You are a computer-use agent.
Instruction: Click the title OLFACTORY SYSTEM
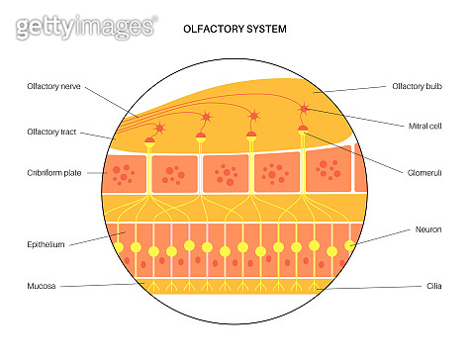tap(235, 30)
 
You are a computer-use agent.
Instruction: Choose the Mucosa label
tap(42, 287)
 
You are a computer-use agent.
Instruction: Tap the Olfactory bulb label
tap(416, 87)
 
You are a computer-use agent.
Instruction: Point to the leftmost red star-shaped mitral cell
tap(161, 128)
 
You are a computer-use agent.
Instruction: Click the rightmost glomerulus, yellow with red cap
tap(303, 132)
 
